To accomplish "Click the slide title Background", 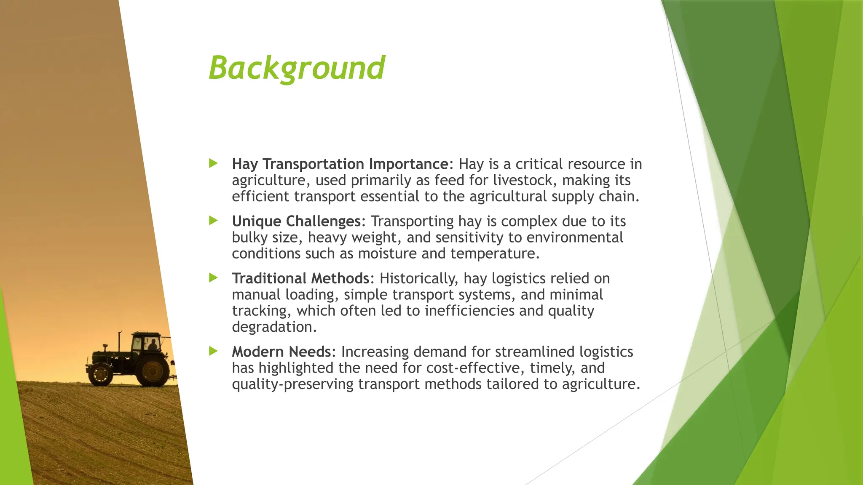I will tap(297, 67).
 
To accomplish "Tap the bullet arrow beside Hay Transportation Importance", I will tap(213, 163).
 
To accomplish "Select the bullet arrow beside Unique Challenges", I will tap(213, 221).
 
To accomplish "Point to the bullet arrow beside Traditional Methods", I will tap(213, 278).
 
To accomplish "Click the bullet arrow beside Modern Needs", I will tap(213, 351).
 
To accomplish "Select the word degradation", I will tap(274, 327).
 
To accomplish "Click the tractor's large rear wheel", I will tap(153, 370).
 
